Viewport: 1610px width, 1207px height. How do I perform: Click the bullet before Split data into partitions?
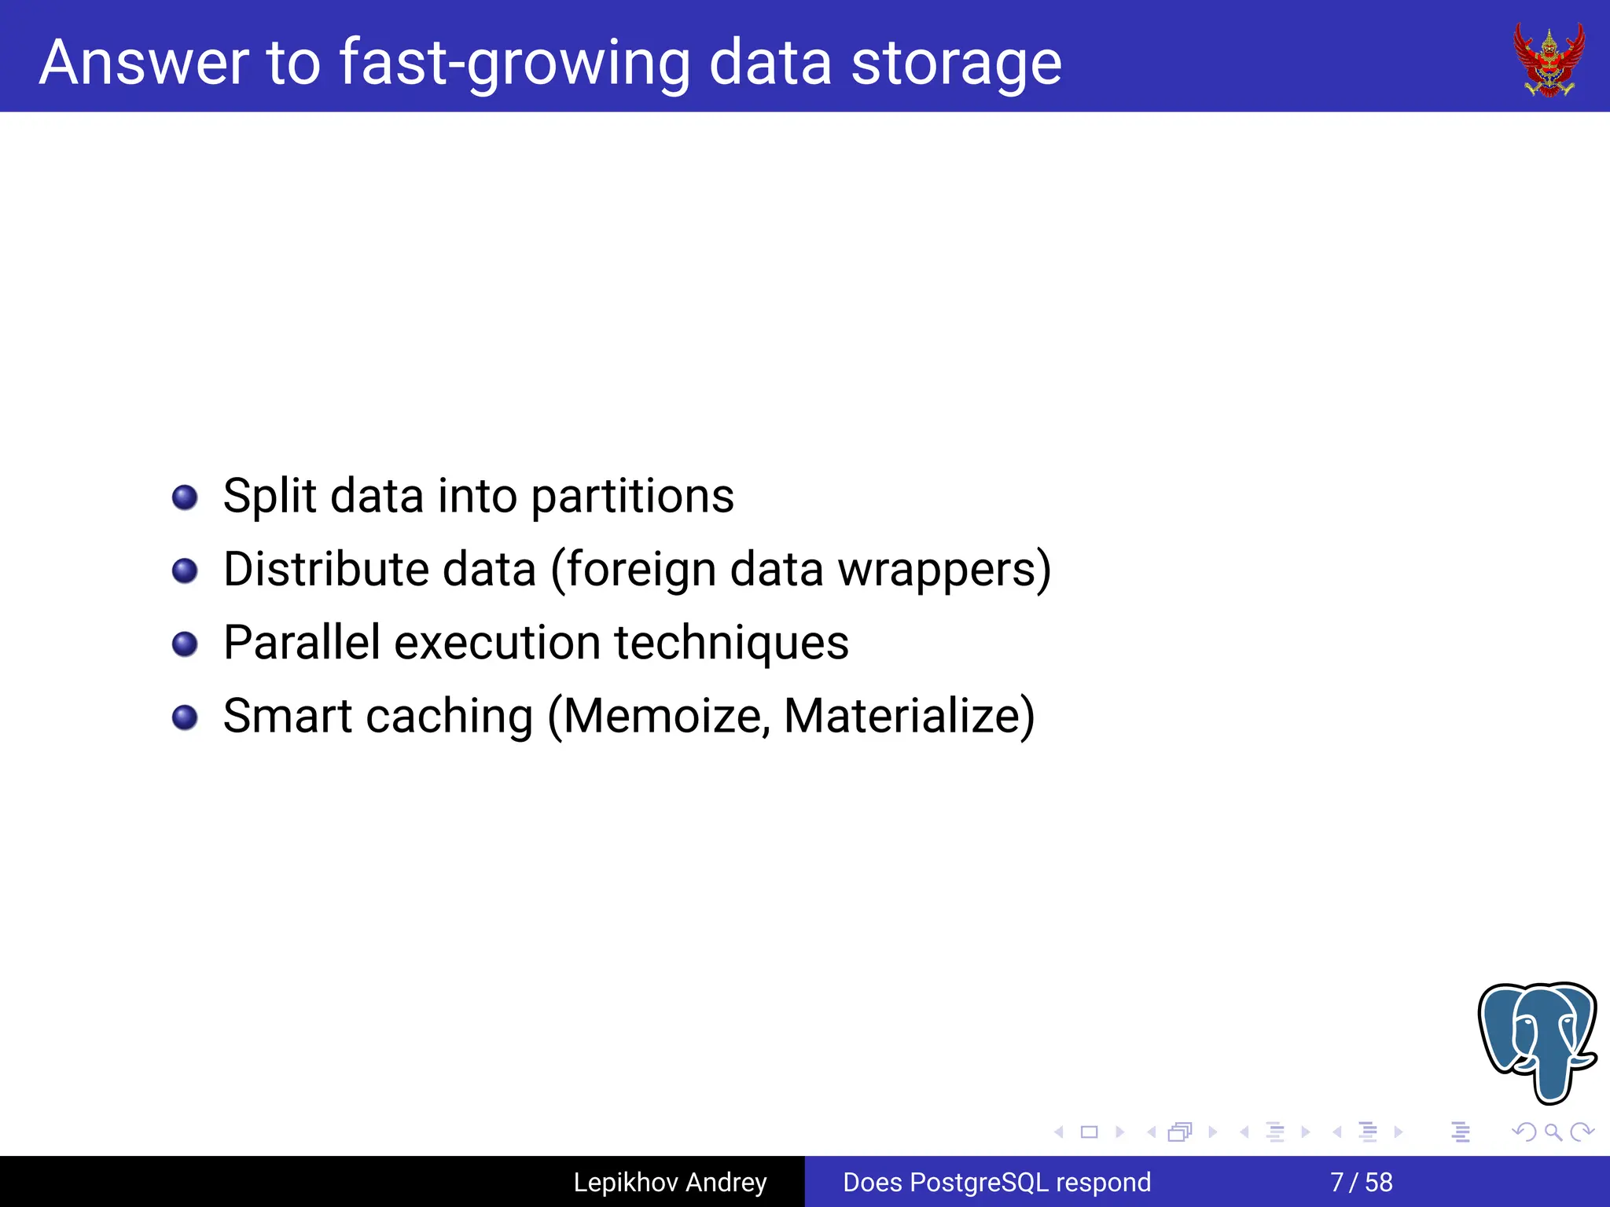(x=185, y=497)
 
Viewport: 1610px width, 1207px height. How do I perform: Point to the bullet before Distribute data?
(x=185, y=570)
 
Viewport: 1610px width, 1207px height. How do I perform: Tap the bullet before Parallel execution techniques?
(x=185, y=644)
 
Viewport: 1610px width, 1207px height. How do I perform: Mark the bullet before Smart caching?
(x=185, y=717)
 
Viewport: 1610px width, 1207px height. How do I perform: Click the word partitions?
(x=632, y=497)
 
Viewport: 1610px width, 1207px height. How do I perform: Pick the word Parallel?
(x=302, y=643)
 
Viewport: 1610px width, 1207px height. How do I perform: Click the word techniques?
(x=731, y=643)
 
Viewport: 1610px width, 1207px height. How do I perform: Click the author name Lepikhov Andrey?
(x=670, y=1182)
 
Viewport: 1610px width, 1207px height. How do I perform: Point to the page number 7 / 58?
(x=1361, y=1182)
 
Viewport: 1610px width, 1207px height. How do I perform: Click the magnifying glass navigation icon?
(x=1553, y=1132)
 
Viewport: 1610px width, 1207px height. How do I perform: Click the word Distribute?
(x=325, y=570)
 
